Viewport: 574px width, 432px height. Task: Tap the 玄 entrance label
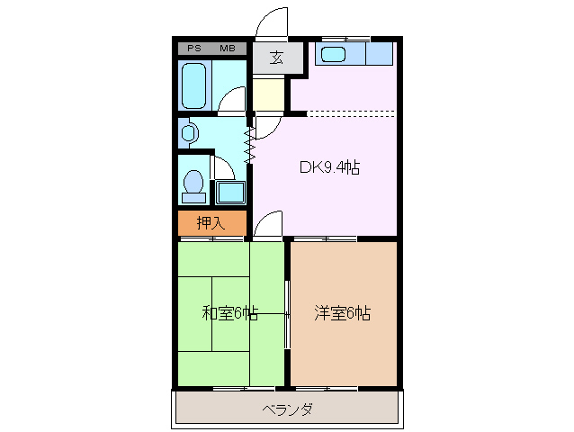pos(276,59)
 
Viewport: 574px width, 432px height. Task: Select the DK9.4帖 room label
pos(330,167)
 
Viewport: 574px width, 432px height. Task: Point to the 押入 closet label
pos(211,223)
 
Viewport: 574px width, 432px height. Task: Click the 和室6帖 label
pos(229,313)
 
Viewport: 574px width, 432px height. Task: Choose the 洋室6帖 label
pos(343,313)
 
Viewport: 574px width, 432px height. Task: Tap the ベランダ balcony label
pos(288,410)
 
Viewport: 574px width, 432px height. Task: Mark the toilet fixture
pos(192,183)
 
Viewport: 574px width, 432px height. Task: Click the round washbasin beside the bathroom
pos(187,134)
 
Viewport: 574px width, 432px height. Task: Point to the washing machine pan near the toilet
pos(231,193)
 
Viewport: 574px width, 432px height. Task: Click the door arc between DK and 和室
pos(267,225)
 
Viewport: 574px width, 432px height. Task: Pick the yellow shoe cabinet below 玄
pos(268,94)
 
